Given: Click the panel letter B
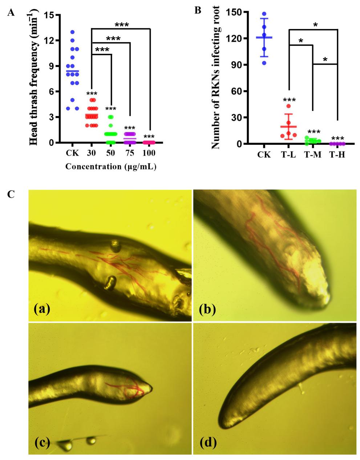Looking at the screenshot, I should (198, 10).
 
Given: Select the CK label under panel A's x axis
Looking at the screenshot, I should (72, 152).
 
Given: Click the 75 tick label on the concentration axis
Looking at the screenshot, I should (130, 152).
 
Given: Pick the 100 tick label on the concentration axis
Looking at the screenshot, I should (149, 152).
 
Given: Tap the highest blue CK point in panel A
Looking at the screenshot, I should (72, 32).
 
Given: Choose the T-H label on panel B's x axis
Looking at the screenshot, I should (337, 154).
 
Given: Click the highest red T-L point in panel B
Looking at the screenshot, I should (288, 106).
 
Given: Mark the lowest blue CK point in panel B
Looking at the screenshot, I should (264, 63).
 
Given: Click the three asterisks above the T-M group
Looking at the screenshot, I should (313, 132).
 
